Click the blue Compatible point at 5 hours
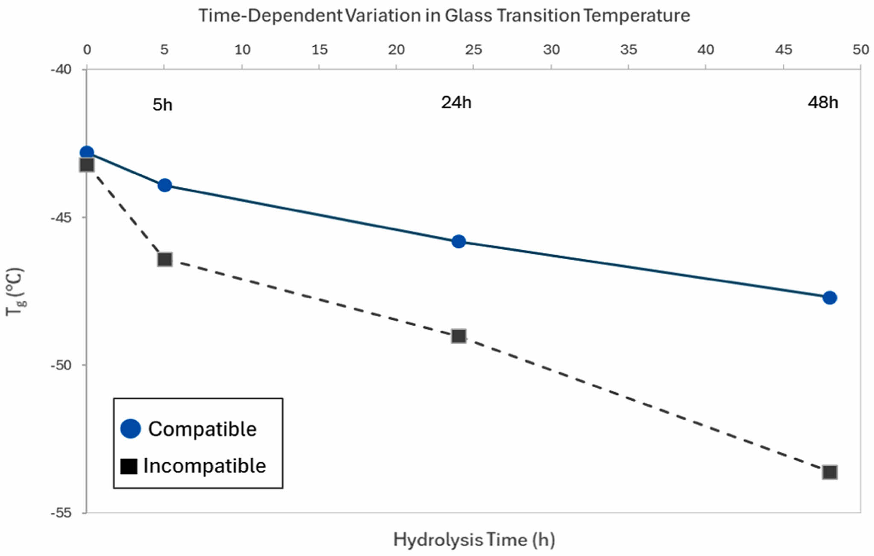164,185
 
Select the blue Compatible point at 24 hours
458,241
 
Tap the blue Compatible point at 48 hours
829,298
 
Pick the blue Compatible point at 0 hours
87,152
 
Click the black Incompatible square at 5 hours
165,259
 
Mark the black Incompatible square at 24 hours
459,336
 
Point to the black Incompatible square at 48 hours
830,472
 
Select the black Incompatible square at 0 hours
87,165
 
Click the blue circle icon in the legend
131,429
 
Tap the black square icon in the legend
129,466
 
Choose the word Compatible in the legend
202,429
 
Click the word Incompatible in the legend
205,466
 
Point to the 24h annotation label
456,103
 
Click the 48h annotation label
823,103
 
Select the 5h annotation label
162,105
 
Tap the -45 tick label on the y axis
61,217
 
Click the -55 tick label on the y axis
61,512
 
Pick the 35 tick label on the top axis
628,50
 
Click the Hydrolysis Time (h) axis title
474,540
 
